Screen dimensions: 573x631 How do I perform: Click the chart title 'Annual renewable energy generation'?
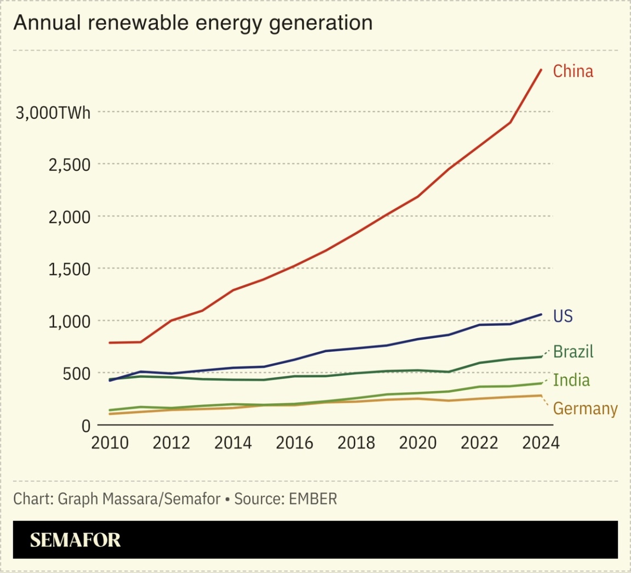(193, 23)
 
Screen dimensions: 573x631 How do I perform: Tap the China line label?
(573, 71)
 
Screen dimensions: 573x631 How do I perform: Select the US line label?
(563, 316)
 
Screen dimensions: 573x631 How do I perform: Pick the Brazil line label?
(573, 351)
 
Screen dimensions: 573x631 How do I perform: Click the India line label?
(571, 380)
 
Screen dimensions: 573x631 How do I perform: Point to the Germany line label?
(585, 409)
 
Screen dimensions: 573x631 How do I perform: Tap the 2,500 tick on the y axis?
(69, 164)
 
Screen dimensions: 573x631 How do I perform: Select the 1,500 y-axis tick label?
(69, 269)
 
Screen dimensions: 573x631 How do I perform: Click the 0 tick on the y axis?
(85, 426)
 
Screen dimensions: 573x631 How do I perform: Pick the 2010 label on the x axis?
(110, 443)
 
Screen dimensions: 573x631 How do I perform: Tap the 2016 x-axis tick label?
(294, 443)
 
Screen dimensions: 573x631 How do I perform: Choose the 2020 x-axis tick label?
(417, 443)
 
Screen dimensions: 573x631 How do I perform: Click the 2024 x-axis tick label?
(541, 443)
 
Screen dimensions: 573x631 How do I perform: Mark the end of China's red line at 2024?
(541, 70)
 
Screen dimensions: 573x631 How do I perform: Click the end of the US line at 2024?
(541, 314)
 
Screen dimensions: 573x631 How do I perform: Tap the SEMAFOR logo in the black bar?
(75, 540)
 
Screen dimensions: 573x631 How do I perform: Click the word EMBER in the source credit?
(313, 499)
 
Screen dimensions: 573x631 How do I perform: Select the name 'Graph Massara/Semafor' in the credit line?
(139, 499)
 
